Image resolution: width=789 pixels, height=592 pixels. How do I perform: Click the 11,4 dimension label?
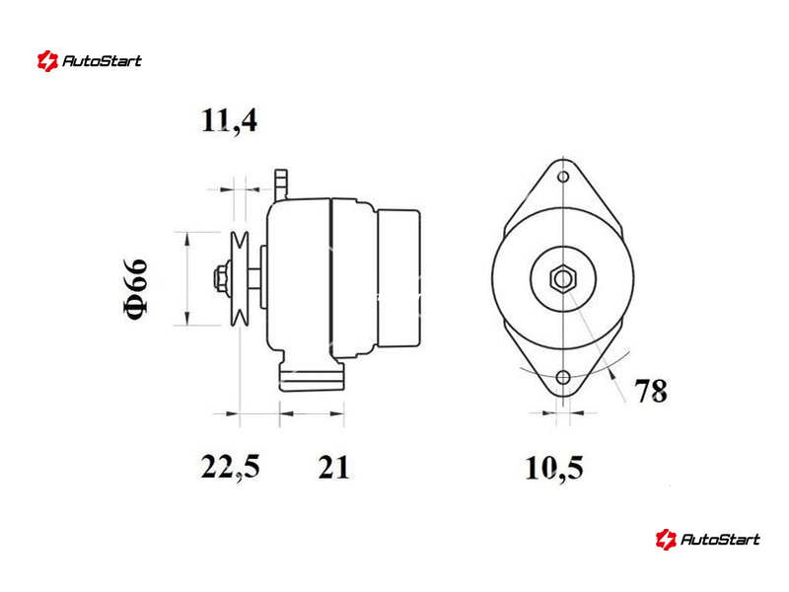229,120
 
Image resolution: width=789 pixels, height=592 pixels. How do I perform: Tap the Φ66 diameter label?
135,288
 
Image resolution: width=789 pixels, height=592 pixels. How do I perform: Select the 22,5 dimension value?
231,467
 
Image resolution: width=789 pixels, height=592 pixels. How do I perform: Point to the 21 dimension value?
333,467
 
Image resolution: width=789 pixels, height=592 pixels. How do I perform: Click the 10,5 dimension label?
554,468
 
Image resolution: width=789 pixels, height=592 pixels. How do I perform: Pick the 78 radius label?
651,390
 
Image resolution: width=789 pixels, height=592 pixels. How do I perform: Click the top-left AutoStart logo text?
102,61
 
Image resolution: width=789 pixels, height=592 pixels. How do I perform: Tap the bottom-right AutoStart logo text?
720,540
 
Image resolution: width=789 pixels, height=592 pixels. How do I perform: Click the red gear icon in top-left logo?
47,61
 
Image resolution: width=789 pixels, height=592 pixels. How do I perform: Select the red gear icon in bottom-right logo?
666,540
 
